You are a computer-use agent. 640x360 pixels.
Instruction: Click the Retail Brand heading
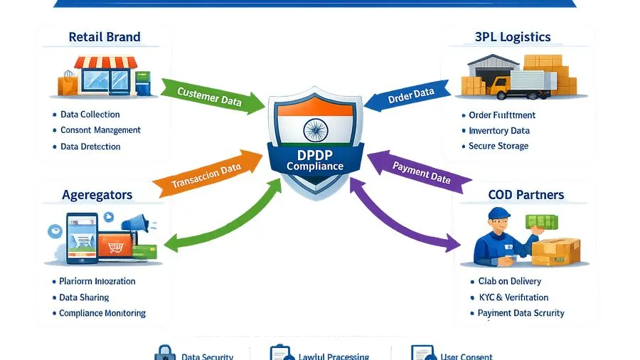pyautogui.click(x=105, y=37)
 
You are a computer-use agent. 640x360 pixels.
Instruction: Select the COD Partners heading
pyautogui.click(x=526, y=194)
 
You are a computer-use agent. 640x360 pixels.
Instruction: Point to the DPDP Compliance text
pyautogui.click(x=314, y=160)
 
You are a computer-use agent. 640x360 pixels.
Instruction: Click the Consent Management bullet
pyautogui.click(x=100, y=130)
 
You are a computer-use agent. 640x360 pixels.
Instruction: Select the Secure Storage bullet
pyautogui.click(x=498, y=146)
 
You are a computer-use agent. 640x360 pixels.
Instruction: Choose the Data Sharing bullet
pyautogui.click(x=85, y=297)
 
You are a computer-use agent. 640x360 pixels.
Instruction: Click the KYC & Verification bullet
pyautogui.click(x=508, y=297)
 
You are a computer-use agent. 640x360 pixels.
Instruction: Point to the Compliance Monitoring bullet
pyautogui.click(x=102, y=313)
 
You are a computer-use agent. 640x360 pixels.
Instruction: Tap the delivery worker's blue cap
pyautogui.click(x=500, y=213)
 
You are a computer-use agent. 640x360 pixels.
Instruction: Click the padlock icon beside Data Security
pyautogui.click(x=165, y=354)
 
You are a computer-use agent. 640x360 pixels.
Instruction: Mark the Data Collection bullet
pyautogui.click(x=90, y=115)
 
